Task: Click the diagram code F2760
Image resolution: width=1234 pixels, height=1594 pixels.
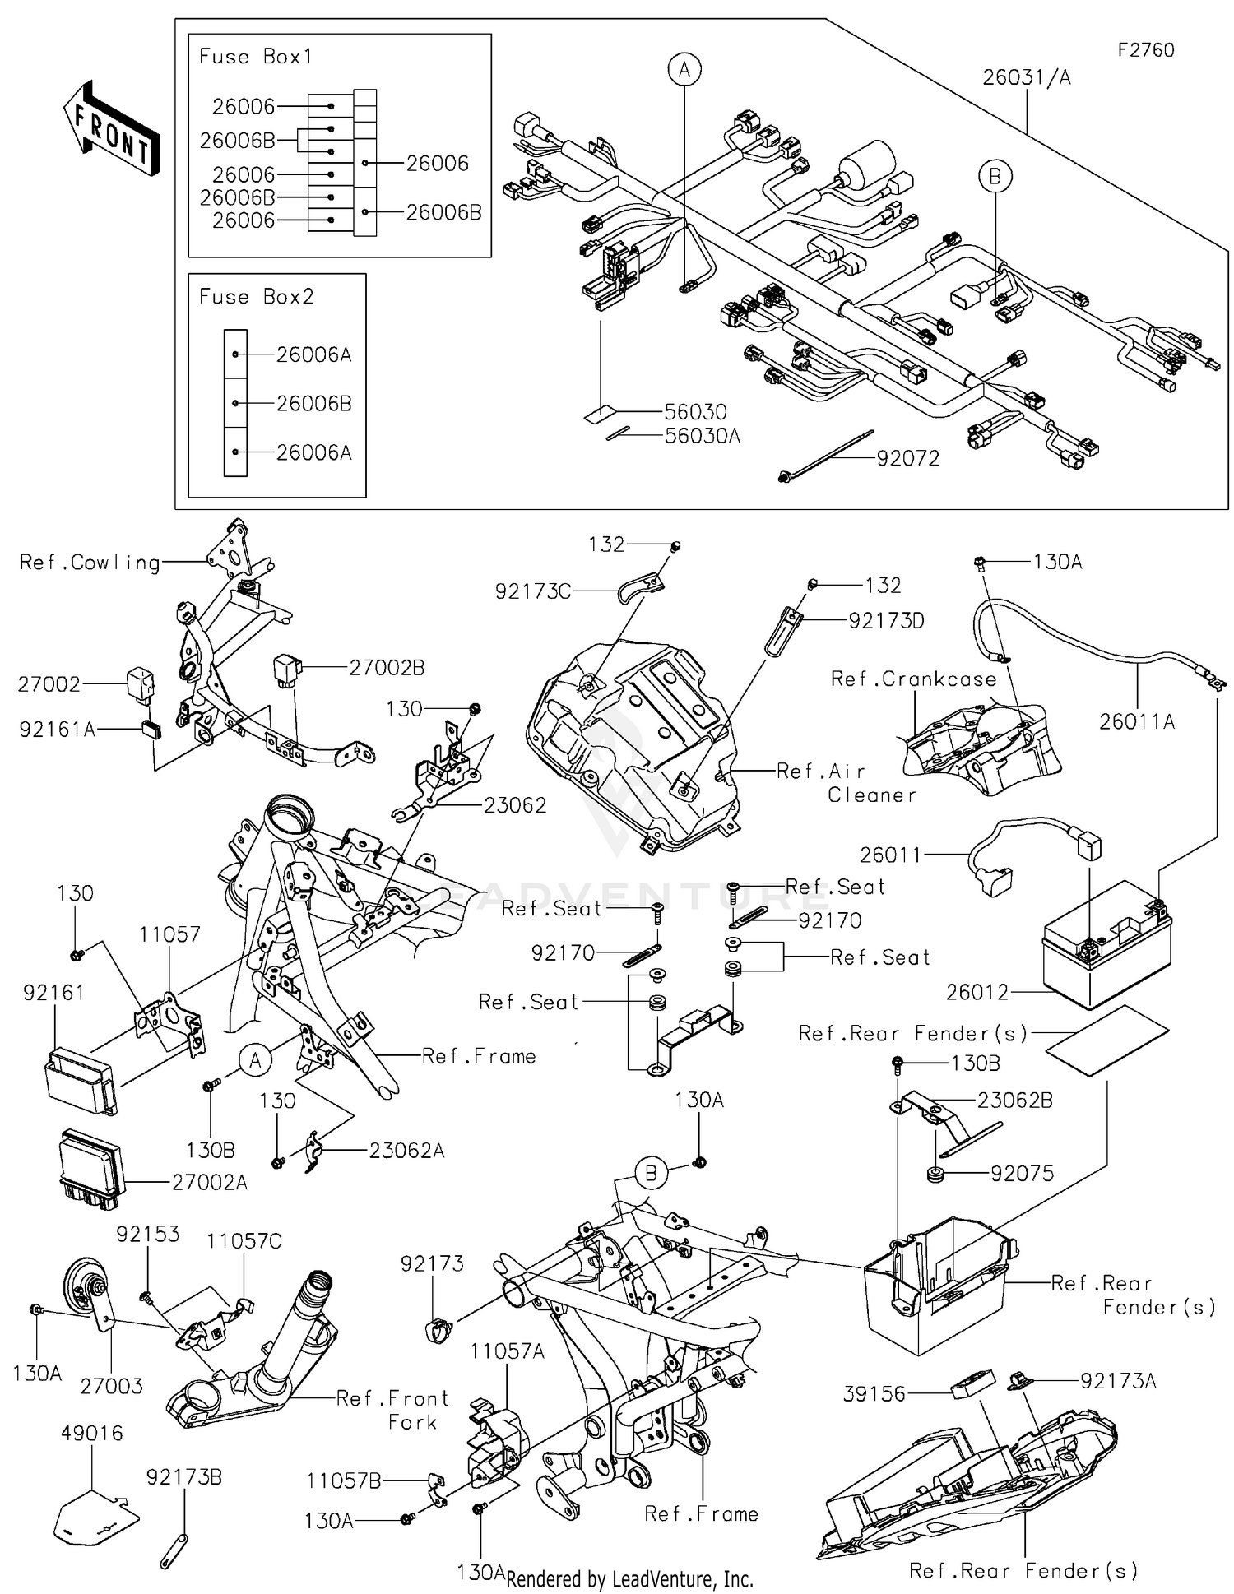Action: (1145, 50)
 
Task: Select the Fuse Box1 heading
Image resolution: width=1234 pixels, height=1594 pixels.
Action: (255, 57)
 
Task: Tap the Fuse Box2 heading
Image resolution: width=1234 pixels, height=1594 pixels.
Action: (256, 297)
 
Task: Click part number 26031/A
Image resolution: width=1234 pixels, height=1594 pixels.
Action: (1026, 77)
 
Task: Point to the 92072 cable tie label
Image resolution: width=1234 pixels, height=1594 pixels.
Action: (907, 459)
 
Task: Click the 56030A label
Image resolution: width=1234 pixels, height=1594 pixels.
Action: (702, 436)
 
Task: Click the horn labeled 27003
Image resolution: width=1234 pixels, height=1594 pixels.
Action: (86, 1292)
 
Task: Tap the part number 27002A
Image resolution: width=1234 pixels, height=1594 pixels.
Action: (209, 1183)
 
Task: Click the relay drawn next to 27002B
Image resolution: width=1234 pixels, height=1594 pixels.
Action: (287, 670)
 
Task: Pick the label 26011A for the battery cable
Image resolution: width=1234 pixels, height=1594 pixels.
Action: (1136, 722)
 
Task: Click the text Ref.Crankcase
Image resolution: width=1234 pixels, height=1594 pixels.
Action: (912, 679)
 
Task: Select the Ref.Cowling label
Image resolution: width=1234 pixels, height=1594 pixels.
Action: (90, 563)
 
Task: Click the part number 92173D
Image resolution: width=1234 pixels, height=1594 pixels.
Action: (886, 621)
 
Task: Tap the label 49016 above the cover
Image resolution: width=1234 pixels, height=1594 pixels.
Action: (91, 1434)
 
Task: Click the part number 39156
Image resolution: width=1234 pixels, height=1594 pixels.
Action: (874, 1394)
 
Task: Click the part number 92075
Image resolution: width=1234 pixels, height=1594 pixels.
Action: (1021, 1174)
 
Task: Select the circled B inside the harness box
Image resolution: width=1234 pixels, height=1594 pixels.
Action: (994, 176)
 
